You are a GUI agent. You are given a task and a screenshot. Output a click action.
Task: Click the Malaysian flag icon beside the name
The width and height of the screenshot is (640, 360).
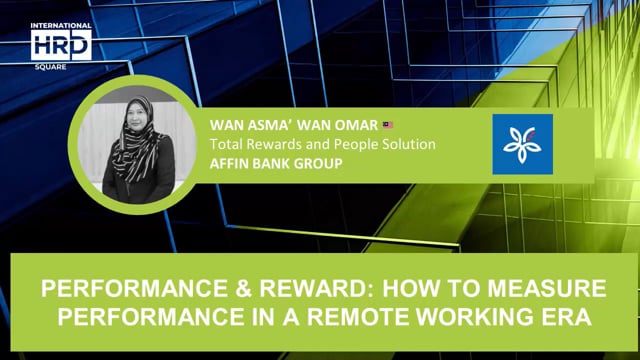388,125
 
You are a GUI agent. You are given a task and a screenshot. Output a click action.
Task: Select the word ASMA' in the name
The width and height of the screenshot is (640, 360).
264,126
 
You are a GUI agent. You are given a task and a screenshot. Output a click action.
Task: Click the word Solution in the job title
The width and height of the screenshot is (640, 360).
405,144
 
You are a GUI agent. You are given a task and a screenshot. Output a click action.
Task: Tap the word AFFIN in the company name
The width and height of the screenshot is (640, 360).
228,162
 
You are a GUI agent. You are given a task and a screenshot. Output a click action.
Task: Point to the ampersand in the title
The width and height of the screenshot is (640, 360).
222,290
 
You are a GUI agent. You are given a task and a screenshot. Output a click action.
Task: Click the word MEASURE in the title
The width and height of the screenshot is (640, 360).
551,290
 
